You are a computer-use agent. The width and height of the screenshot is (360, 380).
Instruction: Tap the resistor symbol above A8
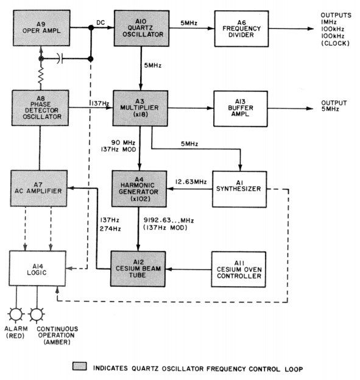coord(41,77)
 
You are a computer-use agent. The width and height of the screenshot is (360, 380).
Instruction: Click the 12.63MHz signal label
coord(191,181)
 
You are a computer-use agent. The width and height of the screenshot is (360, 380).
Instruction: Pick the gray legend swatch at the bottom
coord(80,368)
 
